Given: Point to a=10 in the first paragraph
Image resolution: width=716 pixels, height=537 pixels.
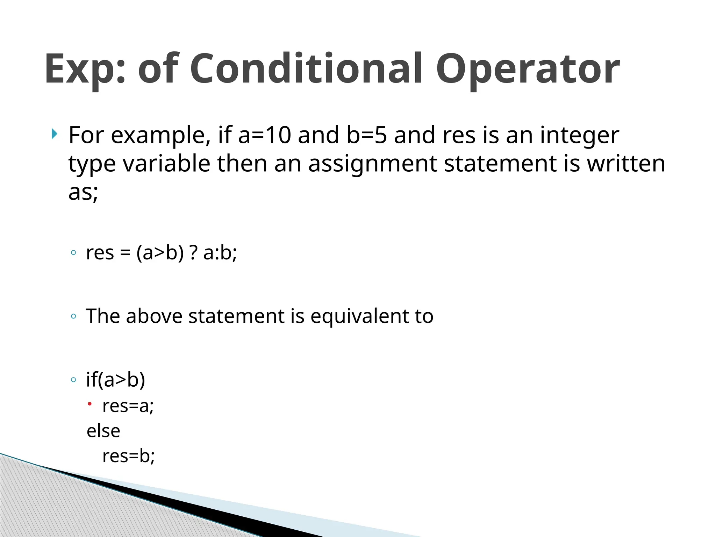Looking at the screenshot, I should pyautogui.click(x=264, y=135).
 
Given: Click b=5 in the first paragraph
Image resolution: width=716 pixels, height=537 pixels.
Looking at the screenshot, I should pyautogui.click(x=367, y=135).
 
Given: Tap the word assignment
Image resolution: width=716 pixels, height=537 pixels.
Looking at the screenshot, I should pyautogui.click(x=372, y=164).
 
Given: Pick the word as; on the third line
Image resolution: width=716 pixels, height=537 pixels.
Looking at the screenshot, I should pyautogui.click(x=83, y=192).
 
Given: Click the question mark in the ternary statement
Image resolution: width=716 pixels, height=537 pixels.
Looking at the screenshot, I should pyautogui.click(x=193, y=252).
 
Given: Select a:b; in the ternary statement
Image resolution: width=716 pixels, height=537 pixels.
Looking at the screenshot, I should pyautogui.click(x=220, y=252).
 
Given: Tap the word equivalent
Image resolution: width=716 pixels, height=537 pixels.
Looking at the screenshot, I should pyautogui.click(x=360, y=316).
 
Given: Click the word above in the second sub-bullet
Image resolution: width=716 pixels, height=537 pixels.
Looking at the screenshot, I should pyautogui.click(x=154, y=316).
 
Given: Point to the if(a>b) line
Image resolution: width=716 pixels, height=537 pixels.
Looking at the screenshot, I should pyautogui.click(x=115, y=380).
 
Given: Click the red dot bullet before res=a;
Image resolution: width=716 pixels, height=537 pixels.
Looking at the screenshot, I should pyautogui.click(x=89, y=404).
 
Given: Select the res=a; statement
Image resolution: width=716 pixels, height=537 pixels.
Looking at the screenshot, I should pyautogui.click(x=128, y=406).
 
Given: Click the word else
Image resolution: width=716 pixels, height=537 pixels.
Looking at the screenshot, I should pyautogui.click(x=103, y=431).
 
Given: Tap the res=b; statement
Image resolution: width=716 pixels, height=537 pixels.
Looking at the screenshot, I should pyautogui.click(x=128, y=456).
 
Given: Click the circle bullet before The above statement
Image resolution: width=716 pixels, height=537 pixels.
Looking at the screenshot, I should pyautogui.click(x=73, y=316).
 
